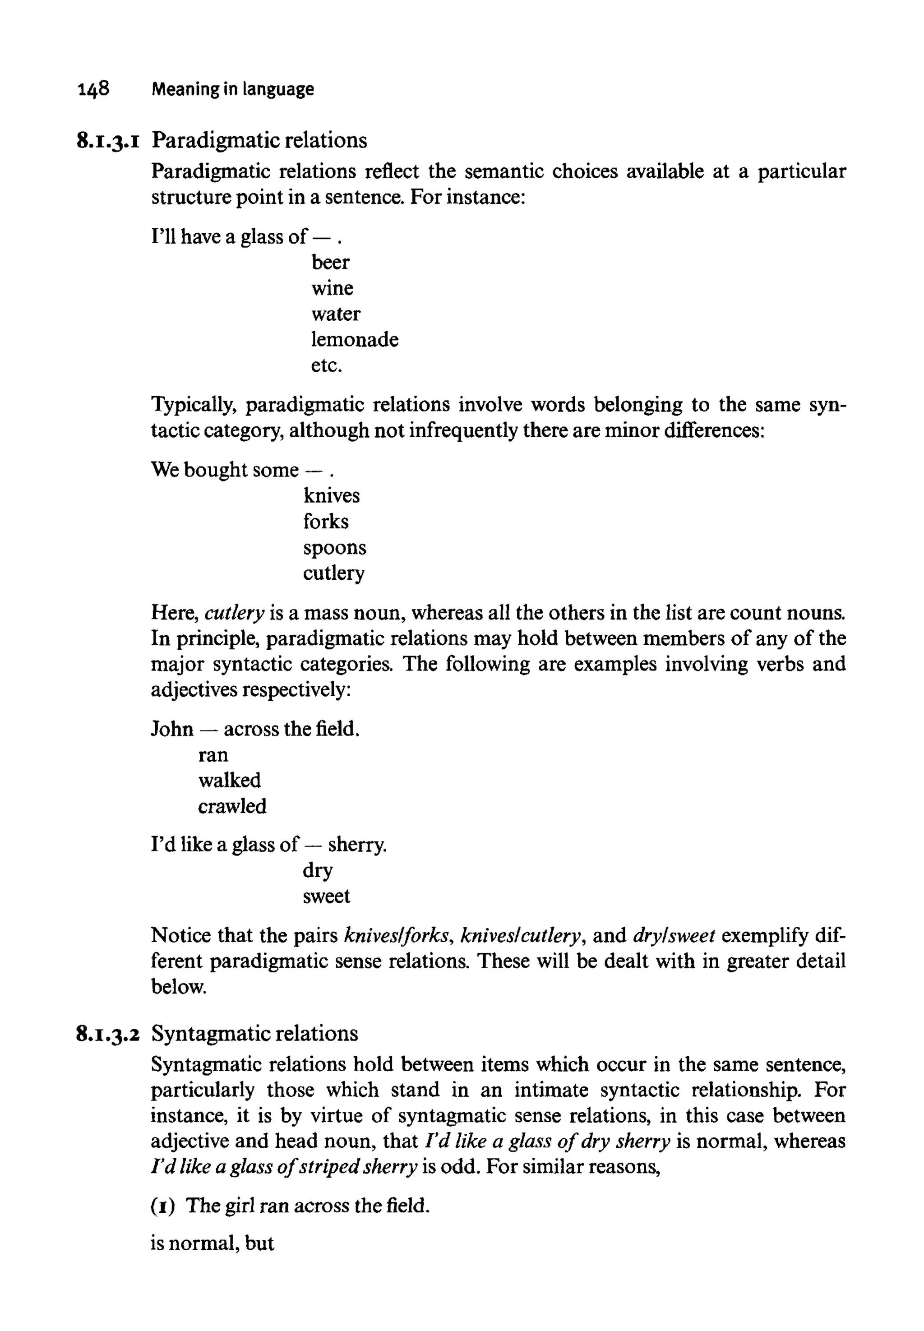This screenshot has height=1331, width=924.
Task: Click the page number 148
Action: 92,89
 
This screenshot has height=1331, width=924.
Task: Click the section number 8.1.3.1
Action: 108,141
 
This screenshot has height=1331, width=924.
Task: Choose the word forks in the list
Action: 325,522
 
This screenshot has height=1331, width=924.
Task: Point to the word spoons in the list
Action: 334,548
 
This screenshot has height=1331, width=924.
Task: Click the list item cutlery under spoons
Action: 333,573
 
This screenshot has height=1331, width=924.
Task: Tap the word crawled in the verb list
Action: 231,806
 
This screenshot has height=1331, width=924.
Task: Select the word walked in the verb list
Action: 229,781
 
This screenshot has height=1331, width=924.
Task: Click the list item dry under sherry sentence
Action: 317,871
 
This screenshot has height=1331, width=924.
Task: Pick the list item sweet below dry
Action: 326,897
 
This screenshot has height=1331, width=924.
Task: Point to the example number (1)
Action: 163,1206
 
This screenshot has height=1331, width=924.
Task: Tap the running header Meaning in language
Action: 233,89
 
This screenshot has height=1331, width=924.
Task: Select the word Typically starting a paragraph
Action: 194,405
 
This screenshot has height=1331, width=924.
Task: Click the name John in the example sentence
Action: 172,729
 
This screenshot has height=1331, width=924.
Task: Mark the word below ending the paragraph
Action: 178,987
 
